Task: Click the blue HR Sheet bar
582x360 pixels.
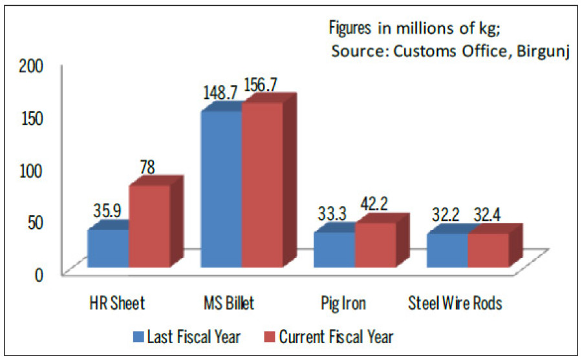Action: point(108,248)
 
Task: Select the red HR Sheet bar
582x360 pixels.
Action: point(149,226)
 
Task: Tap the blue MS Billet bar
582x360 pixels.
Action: point(222,189)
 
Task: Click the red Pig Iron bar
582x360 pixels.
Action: point(375,245)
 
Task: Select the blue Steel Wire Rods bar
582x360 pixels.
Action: point(447,250)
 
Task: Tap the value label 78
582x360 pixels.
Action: point(148,167)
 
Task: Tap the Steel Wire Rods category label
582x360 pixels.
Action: point(456,303)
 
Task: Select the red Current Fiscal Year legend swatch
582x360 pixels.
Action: point(270,336)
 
